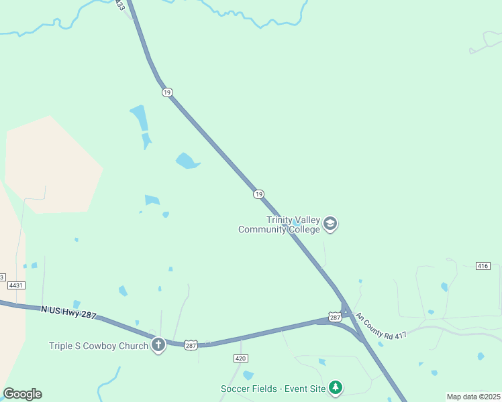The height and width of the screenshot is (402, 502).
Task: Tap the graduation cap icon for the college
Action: point(330,224)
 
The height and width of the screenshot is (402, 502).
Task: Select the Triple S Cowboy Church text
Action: point(98,346)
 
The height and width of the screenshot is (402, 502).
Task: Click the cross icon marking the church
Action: point(158,345)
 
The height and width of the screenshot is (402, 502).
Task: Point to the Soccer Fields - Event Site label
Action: point(273,389)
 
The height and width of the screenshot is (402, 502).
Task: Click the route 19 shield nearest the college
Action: point(258,194)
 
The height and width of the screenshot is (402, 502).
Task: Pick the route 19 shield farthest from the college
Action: point(167,92)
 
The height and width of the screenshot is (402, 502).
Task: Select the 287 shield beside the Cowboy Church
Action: point(191,344)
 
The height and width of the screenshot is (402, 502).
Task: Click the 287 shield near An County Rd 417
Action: point(335,316)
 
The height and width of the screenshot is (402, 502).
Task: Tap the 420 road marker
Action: point(240,358)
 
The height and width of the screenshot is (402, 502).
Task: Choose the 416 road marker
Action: point(483,266)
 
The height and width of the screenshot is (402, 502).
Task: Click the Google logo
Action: point(22,394)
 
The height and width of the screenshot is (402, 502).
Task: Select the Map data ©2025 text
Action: point(473,397)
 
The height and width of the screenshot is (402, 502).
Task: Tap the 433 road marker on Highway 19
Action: point(119,5)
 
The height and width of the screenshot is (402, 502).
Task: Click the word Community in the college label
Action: point(263,229)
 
